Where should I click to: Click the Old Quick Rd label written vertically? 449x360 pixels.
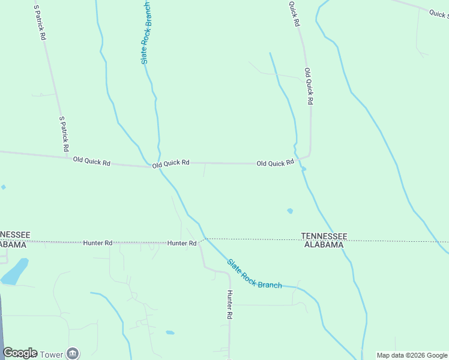[x=309, y=86]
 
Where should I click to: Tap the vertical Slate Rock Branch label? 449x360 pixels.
[x=145, y=34]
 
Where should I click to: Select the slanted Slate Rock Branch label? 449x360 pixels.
[x=255, y=274]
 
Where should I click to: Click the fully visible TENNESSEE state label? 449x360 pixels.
[x=324, y=236]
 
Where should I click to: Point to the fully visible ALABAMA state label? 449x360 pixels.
[x=324, y=244]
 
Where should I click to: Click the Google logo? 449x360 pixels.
[x=20, y=353]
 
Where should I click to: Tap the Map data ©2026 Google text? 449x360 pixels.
[x=412, y=355]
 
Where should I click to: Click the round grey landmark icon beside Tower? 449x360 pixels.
[x=73, y=353]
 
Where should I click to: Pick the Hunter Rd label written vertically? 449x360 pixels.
[x=229, y=304]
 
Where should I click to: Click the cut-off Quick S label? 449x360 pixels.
[x=439, y=13]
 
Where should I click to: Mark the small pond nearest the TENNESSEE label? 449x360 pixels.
[x=291, y=211]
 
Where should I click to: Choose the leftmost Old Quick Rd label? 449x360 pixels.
[x=92, y=161]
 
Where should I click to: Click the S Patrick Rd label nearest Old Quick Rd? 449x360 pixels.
[x=64, y=134]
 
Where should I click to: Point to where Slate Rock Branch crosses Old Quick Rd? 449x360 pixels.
[x=159, y=167]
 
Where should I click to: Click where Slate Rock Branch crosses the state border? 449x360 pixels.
[x=204, y=239]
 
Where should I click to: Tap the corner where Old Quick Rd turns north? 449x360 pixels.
[x=309, y=155]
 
